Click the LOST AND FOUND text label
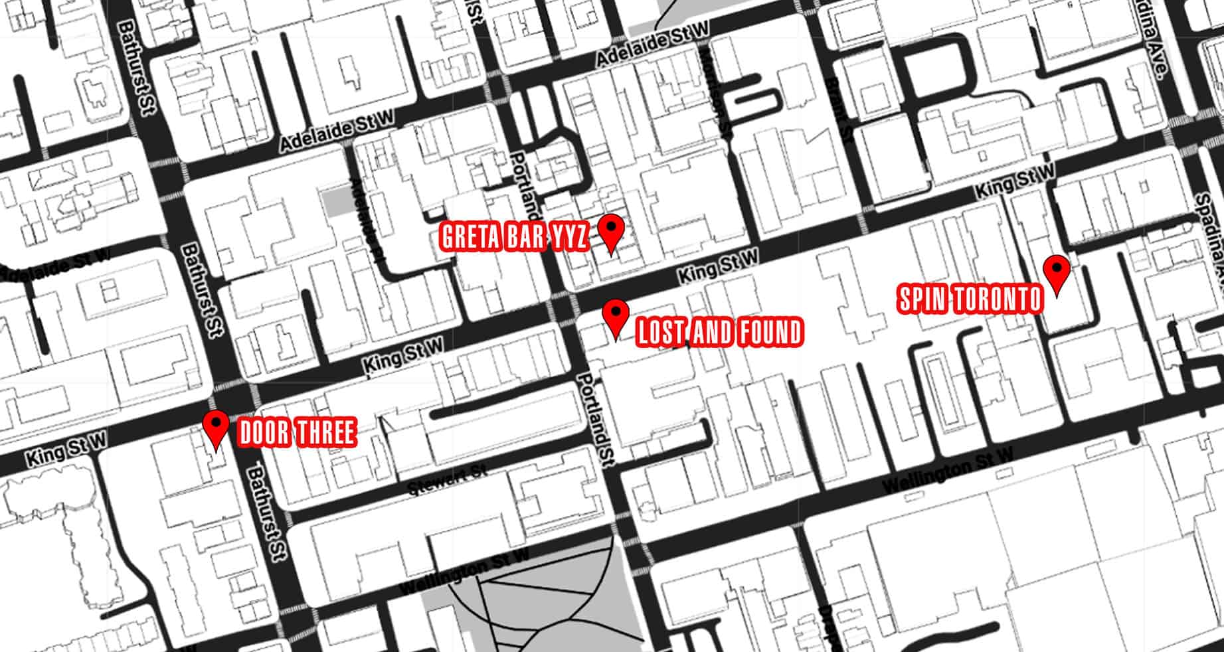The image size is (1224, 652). pos(719,332)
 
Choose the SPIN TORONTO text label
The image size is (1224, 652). pos(970,300)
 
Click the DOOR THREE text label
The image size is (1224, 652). pos(296,432)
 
